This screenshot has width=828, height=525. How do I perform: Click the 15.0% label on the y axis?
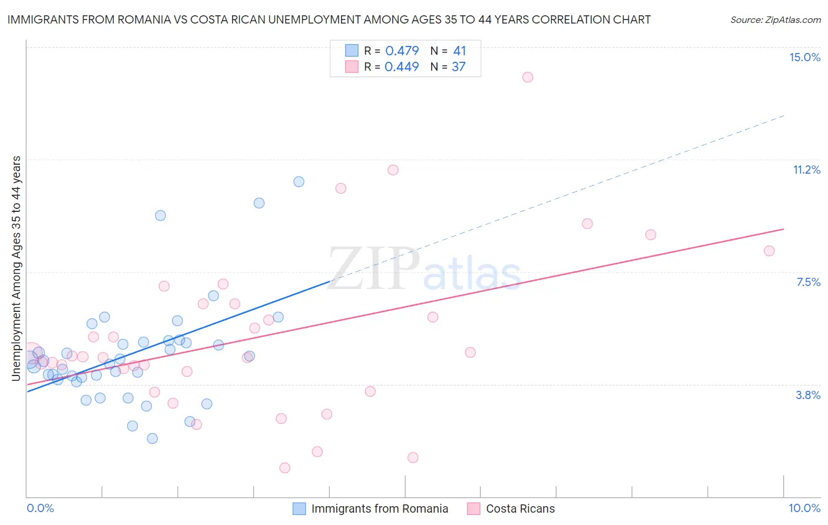pyautogui.click(x=804, y=57)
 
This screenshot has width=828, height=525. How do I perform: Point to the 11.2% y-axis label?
pyautogui.click(x=806, y=170)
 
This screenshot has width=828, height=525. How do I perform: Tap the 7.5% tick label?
pyautogui.click(x=808, y=282)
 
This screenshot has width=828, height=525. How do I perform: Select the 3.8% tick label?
pyautogui.click(x=808, y=395)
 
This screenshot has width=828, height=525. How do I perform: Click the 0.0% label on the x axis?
pyautogui.click(x=40, y=508)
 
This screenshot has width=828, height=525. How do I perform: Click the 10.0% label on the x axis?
pyautogui.click(x=804, y=508)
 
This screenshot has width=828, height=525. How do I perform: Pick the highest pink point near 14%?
pyautogui.click(x=528, y=77)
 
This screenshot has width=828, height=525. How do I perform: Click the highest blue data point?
pyautogui.click(x=299, y=182)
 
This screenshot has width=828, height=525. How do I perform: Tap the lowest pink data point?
pyautogui.click(x=284, y=468)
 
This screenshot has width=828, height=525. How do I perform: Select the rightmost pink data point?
pyautogui.click(x=769, y=251)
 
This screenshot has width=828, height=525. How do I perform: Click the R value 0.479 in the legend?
pyautogui.click(x=402, y=51)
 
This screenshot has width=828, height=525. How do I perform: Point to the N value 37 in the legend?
pyautogui.click(x=458, y=67)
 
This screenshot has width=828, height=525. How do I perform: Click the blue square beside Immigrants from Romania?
pyautogui.click(x=299, y=509)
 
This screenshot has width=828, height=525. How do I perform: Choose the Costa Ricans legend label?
pyautogui.click(x=520, y=509)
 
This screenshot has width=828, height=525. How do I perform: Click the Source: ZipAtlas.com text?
pyautogui.click(x=775, y=19)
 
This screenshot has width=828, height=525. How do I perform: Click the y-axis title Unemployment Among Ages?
pyautogui.click(x=16, y=268)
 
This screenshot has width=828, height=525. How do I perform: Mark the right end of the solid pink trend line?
pyautogui.click(x=784, y=229)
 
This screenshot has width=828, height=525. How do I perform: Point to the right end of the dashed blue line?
pyautogui.click(x=784, y=115)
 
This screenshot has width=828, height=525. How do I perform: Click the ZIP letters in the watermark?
pyautogui.click(x=373, y=270)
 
